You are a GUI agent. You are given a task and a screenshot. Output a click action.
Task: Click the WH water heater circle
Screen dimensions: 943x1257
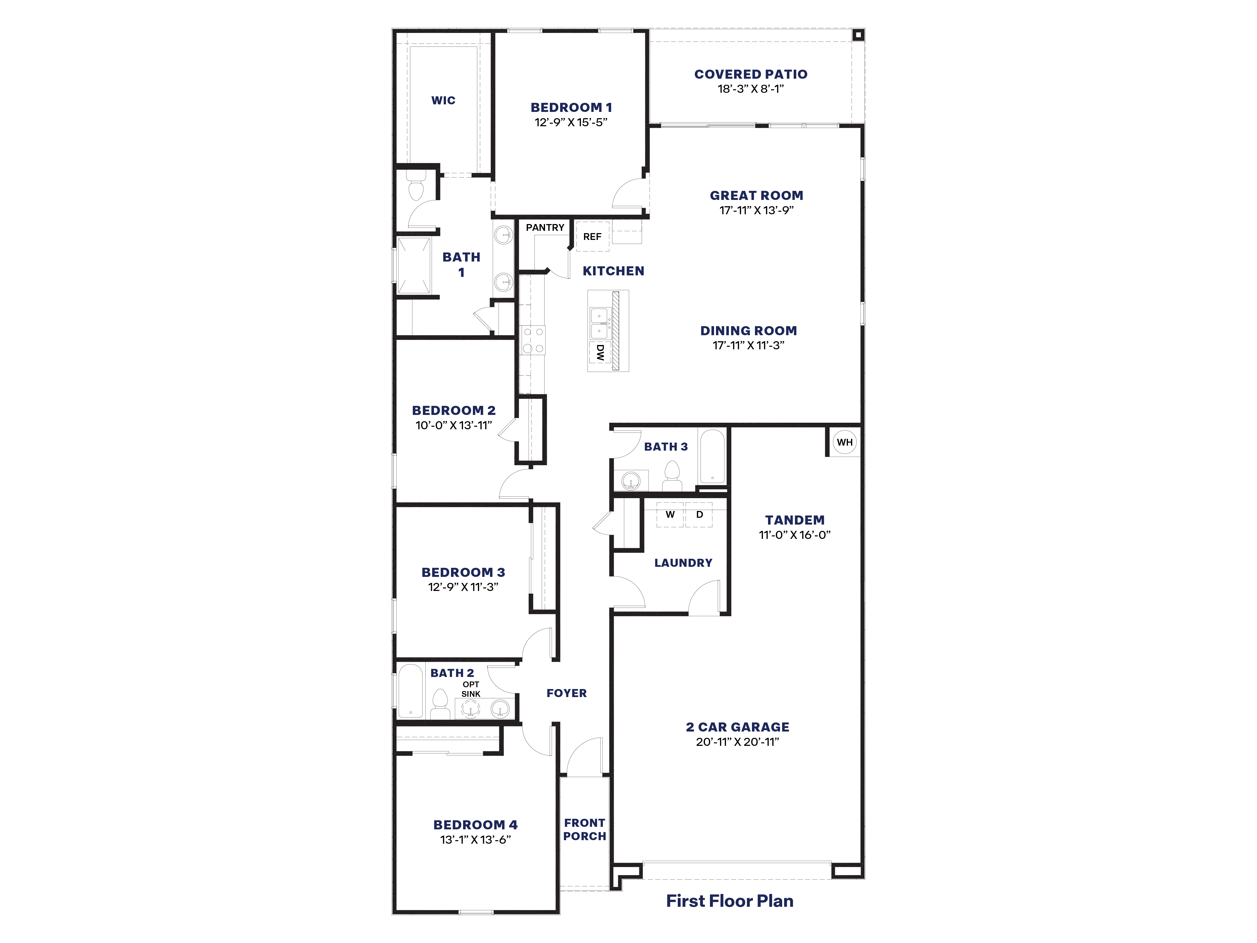click(x=844, y=442)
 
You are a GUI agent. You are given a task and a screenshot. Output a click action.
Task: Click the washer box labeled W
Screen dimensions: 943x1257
click(x=670, y=515)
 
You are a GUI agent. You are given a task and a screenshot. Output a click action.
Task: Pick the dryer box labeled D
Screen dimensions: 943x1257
click(x=699, y=515)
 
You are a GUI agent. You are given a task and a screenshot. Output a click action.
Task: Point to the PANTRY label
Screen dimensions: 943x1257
click(x=545, y=227)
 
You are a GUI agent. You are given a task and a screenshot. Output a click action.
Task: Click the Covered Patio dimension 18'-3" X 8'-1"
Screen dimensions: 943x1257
click(x=750, y=89)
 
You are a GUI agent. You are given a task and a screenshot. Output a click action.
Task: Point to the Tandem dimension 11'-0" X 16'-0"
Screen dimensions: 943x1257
click(x=794, y=535)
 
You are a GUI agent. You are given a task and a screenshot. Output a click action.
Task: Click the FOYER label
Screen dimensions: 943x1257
click(x=567, y=693)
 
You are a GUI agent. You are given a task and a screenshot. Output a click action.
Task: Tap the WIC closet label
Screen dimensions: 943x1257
click(x=443, y=101)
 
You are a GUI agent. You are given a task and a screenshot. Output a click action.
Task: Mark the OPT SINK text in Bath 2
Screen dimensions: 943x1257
click(x=471, y=689)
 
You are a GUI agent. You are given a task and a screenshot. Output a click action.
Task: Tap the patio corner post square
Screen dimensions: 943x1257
click(x=858, y=35)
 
